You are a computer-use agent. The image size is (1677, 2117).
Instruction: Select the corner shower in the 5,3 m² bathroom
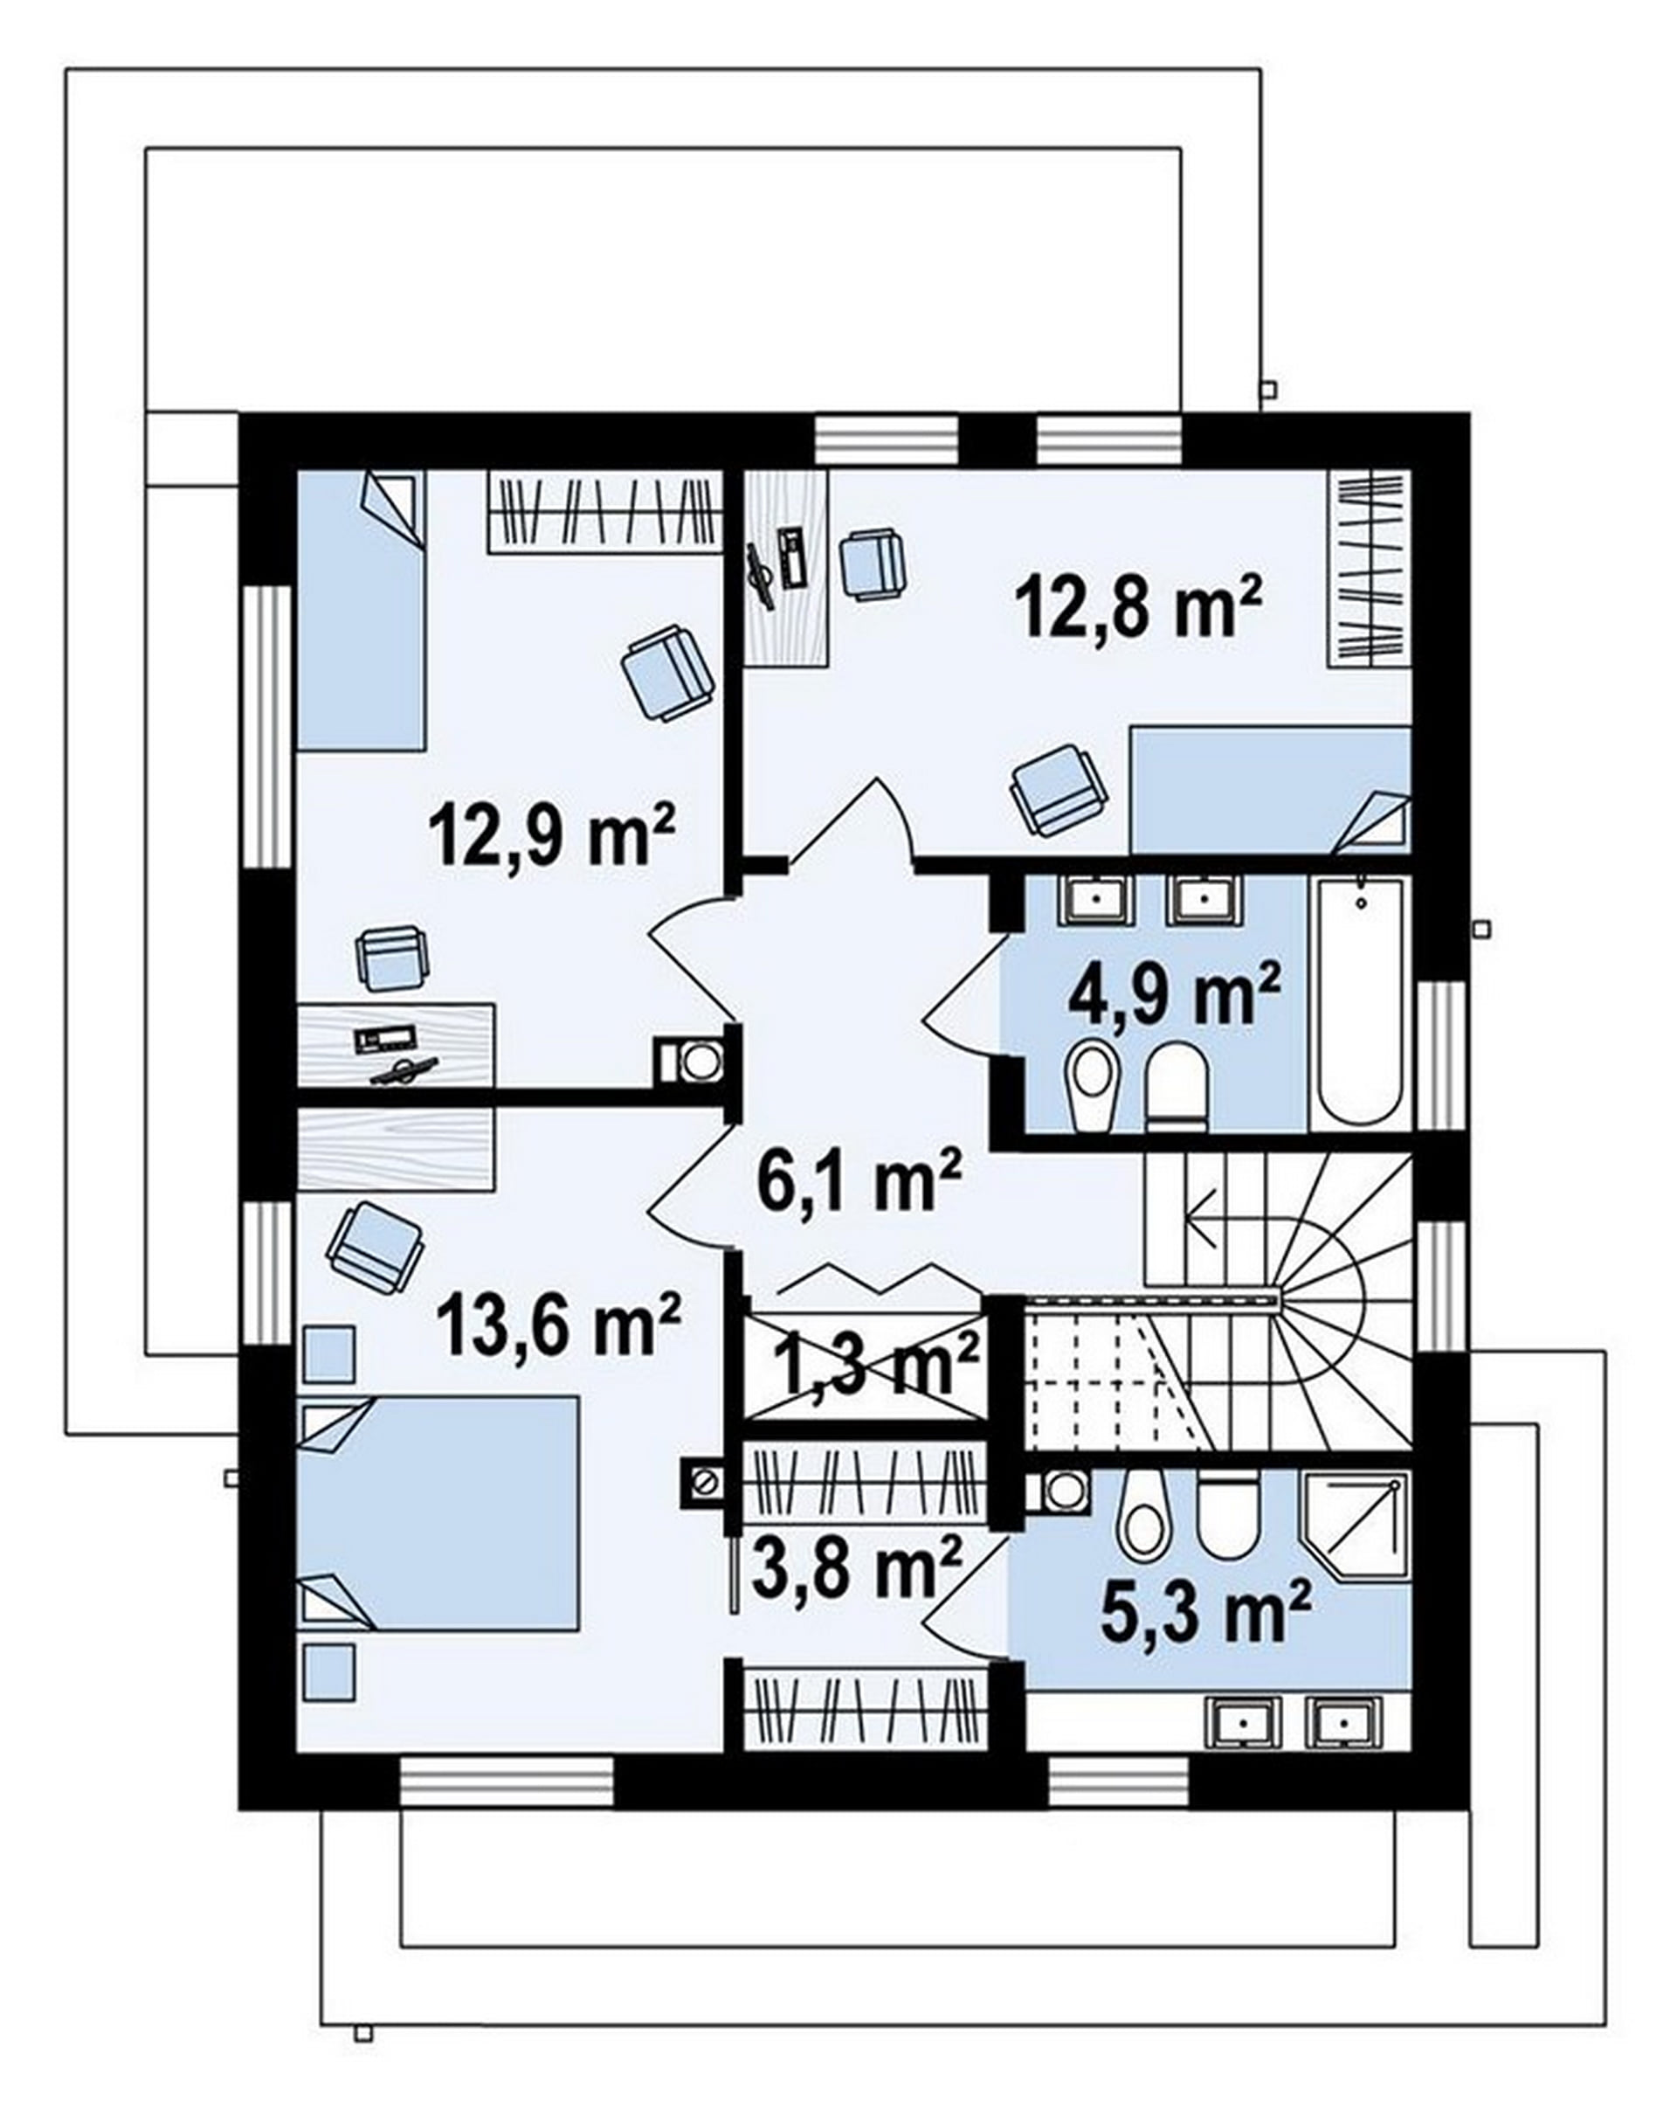point(1355,1525)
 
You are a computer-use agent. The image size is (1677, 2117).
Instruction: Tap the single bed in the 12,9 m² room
point(362,611)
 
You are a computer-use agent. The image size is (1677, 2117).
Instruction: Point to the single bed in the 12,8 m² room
point(1271,790)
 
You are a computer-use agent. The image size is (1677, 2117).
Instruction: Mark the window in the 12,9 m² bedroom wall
point(268,727)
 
